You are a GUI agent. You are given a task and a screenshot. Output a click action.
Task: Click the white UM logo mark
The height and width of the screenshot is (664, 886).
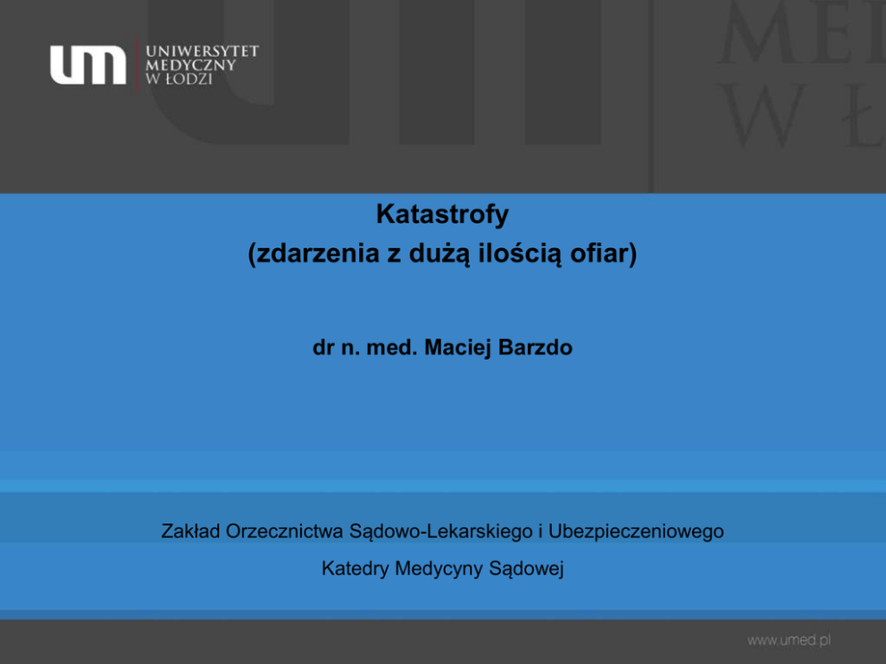coord(88,65)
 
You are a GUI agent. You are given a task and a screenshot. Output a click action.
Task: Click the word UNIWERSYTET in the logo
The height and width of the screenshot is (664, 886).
coord(202,52)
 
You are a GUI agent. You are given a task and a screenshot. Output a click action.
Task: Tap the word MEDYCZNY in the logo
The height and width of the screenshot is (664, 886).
coord(190,65)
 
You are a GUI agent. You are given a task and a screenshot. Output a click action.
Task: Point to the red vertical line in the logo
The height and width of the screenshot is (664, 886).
coord(137,64)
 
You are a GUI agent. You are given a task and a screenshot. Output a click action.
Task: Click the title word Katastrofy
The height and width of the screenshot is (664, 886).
coord(442,214)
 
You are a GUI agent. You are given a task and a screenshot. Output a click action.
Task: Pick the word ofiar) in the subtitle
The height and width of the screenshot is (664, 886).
coord(604,253)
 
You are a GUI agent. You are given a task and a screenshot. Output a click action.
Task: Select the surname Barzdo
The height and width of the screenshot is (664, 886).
coord(536,347)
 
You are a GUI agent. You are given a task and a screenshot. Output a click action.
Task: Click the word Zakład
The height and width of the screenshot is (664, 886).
coord(190,531)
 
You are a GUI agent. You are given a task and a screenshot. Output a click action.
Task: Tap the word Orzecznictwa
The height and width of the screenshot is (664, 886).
coord(285,531)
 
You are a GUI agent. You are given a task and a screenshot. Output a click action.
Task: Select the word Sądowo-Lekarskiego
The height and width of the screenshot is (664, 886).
coord(441,532)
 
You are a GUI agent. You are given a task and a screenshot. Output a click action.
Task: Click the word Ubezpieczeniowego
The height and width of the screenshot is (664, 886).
coord(636,532)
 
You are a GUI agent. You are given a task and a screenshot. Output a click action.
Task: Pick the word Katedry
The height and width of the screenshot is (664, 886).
coord(355,569)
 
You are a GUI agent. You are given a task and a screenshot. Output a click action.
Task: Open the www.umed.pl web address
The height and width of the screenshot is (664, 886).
coord(789,640)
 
